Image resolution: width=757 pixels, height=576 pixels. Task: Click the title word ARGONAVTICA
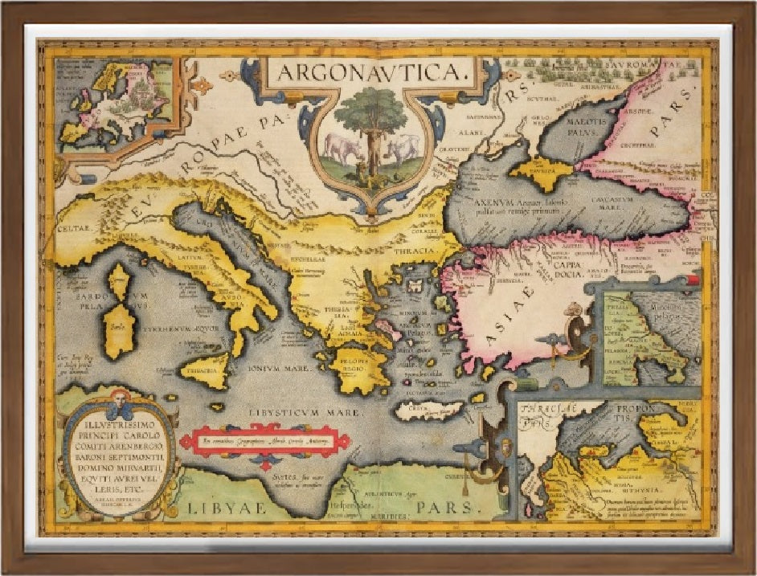370,72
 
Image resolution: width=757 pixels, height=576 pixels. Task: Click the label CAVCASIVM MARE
630,199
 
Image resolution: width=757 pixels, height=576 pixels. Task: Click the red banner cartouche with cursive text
265,441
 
